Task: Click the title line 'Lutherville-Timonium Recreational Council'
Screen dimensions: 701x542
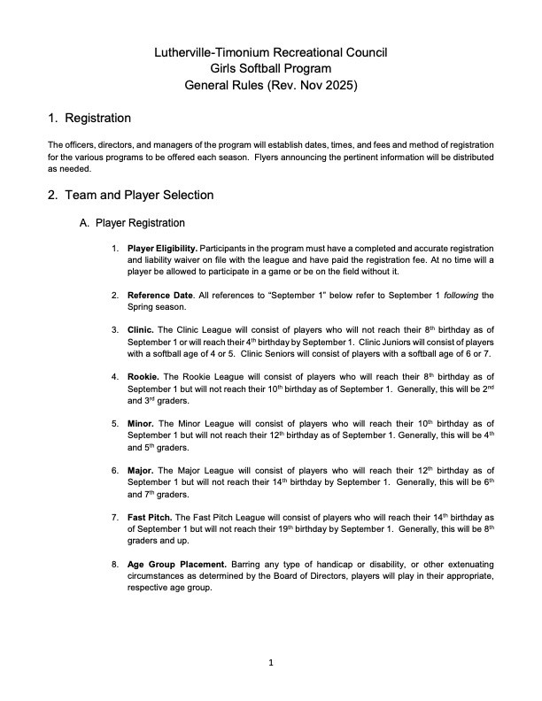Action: coord(270,52)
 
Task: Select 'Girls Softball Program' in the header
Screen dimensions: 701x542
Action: coord(270,69)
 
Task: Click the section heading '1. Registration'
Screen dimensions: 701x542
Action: coord(89,119)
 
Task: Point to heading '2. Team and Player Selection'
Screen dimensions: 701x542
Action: coord(130,195)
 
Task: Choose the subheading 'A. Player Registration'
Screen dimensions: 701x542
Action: coord(133,224)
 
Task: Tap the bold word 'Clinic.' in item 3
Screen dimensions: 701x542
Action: coord(143,329)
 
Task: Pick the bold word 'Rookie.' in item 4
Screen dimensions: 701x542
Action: coord(144,376)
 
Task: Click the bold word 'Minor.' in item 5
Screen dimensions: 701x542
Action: coord(142,423)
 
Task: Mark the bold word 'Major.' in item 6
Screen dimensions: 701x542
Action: coord(142,470)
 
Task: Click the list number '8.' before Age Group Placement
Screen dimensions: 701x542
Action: coord(115,564)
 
